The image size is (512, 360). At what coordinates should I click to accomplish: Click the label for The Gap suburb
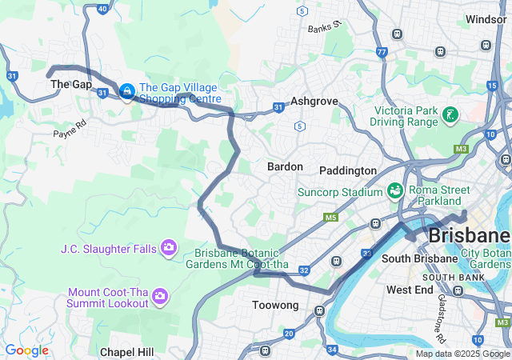tap(70, 84)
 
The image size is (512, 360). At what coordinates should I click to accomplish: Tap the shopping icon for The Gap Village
tap(126, 92)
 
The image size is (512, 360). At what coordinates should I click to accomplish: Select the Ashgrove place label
tap(314, 102)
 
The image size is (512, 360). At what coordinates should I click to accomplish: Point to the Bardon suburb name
tap(285, 166)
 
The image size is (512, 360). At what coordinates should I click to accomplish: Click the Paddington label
tap(347, 170)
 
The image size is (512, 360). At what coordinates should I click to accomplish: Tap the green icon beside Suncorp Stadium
tap(394, 191)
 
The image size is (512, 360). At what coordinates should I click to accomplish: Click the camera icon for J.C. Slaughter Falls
tap(168, 248)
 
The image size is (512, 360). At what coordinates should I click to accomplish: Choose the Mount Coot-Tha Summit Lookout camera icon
tap(160, 297)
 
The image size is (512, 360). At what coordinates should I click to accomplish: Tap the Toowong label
tap(275, 306)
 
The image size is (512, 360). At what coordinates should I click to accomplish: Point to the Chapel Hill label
tap(127, 351)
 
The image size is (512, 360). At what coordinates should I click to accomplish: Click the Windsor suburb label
tap(486, 18)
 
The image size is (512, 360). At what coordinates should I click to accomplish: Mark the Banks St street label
tap(325, 27)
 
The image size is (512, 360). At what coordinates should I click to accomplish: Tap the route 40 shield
tap(102, 9)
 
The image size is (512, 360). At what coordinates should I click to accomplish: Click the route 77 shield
tap(382, 52)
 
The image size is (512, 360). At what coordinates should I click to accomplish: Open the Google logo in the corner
tap(26, 350)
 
